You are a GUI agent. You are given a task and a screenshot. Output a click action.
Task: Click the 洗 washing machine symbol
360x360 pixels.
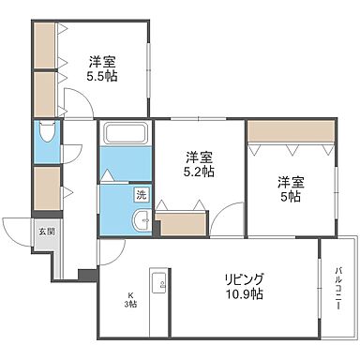pos(141,196)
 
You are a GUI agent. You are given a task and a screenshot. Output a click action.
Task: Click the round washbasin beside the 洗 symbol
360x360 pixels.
pos(141,221)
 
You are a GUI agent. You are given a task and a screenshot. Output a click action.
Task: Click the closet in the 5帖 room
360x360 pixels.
pos(291,130)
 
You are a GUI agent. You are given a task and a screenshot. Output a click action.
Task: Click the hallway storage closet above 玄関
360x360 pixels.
pos(45,187)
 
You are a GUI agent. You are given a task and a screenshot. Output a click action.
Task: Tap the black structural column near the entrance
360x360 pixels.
pos(87,275)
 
